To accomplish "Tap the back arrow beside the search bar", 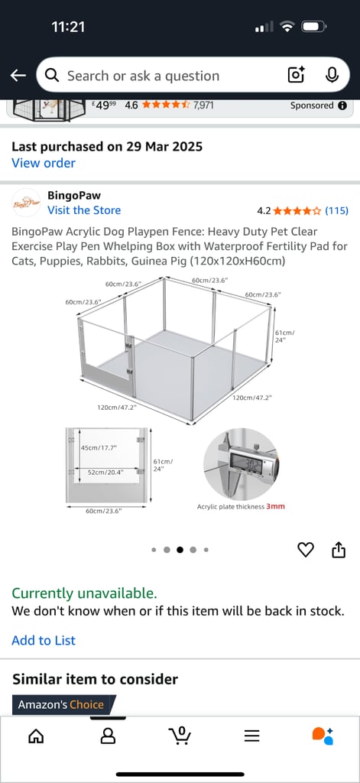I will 18,76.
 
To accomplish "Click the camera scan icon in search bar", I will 296,75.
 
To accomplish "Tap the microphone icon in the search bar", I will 332,75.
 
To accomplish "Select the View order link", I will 44,163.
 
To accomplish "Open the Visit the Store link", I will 84,210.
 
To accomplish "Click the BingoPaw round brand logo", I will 26,203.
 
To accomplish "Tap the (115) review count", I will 336,210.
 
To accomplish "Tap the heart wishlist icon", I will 306,550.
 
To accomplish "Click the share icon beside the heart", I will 339,550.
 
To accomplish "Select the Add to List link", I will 44,641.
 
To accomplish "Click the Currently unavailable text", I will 84,593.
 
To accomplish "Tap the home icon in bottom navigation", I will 36,736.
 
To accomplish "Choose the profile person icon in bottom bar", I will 108,736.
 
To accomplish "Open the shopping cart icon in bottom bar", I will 180,736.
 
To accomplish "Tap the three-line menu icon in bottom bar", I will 251,736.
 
